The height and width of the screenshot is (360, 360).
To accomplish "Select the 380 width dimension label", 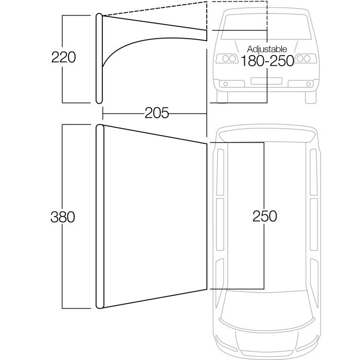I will click(63, 217).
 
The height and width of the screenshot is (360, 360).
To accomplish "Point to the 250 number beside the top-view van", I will click(265, 217).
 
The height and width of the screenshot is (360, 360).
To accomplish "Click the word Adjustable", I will click(267, 49).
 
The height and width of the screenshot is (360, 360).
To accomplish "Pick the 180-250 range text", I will click(267, 61).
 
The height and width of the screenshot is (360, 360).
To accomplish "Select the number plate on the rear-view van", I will click(266, 81).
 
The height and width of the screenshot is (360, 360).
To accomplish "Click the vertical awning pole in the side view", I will click(99, 58).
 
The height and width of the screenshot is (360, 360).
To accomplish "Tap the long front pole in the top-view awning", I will click(100, 217).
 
